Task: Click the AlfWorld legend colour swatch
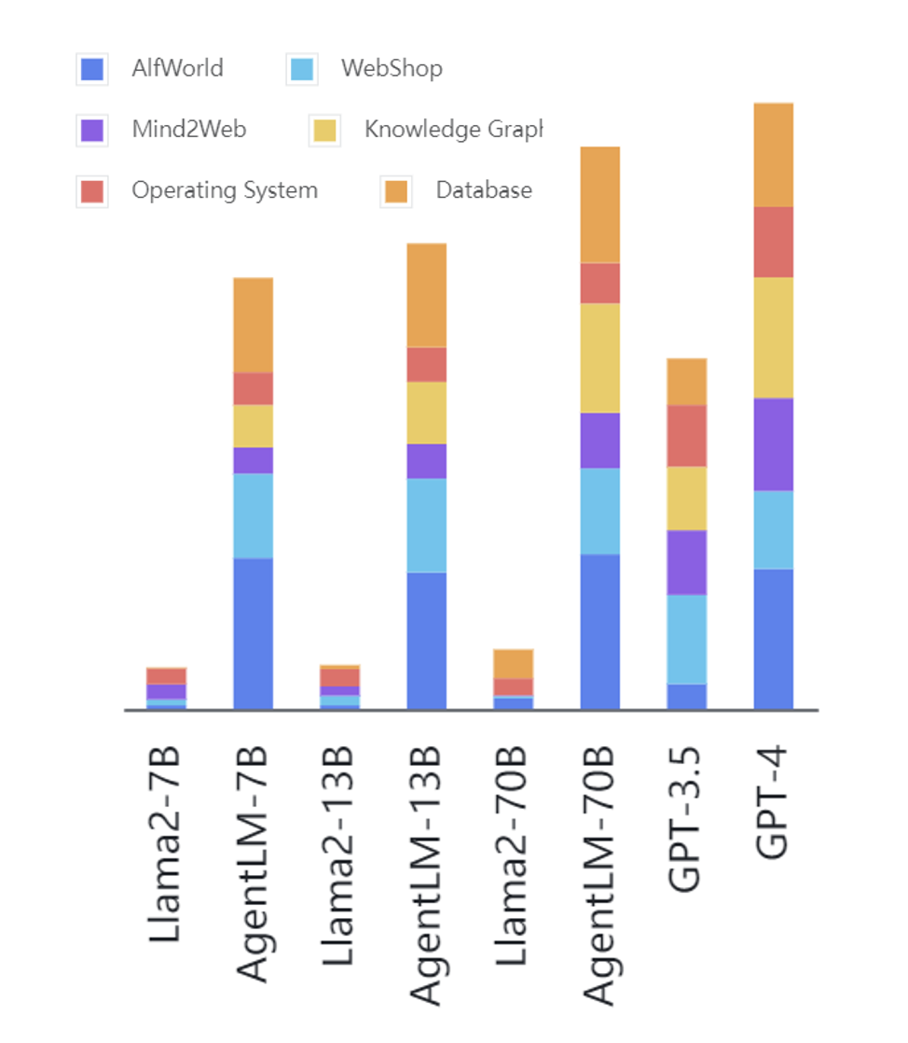(x=92, y=70)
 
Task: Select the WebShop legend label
(x=391, y=69)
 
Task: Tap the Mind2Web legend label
(x=188, y=130)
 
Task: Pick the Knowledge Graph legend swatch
(x=323, y=131)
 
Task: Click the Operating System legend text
(x=224, y=191)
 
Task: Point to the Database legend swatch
(x=396, y=192)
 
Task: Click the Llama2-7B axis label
(x=166, y=843)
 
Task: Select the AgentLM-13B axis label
(x=426, y=876)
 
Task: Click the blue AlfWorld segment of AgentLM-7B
(x=253, y=633)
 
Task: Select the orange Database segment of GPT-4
(x=773, y=155)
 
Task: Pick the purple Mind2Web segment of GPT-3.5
(x=686, y=562)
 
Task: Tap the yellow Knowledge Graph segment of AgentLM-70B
(x=599, y=357)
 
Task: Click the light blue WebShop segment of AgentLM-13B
(x=426, y=525)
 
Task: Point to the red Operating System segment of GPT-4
(x=773, y=242)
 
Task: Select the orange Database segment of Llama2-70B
(x=513, y=663)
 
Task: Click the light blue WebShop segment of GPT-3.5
(x=686, y=639)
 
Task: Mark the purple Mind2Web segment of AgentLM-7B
(x=253, y=460)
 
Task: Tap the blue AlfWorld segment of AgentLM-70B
(x=599, y=632)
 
